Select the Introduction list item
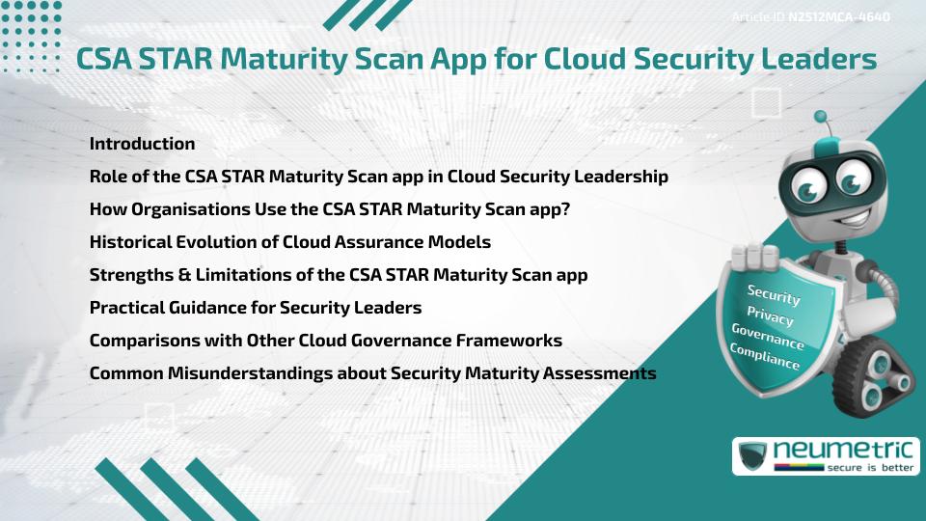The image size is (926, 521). (x=142, y=144)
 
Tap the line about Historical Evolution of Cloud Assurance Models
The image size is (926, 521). (x=289, y=242)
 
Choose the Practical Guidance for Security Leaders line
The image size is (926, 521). (x=255, y=308)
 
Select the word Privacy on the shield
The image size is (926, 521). (x=770, y=316)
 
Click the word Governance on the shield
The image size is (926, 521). (x=768, y=337)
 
